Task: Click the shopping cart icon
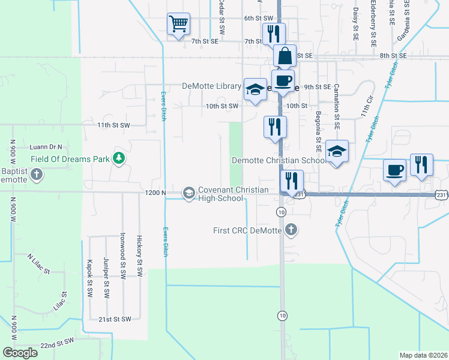[x=178, y=25]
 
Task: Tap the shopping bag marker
[x=285, y=56]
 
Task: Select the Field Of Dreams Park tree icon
[x=119, y=158]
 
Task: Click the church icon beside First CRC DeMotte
[x=291, y=229]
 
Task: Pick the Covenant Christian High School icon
[x=188, y=193]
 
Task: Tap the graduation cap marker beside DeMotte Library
[x=255, y=89]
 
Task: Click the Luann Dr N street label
[x=46, y=146]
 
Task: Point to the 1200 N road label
[x=155, y=192]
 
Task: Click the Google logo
[x=20, y=353]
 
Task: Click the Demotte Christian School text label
[x=279, y=160]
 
